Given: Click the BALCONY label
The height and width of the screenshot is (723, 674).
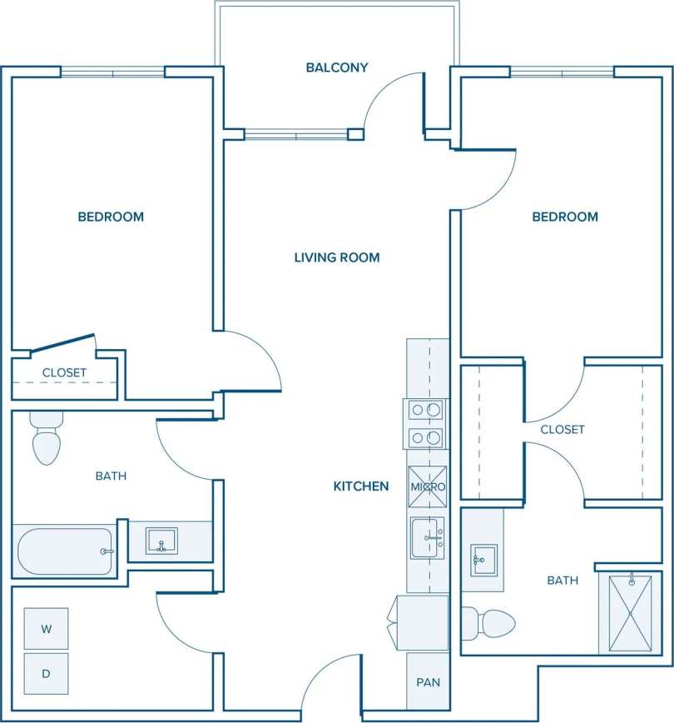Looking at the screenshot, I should pyautogui.click(x=336, y=67).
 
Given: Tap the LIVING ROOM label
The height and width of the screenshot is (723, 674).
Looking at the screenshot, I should pyautogui.click(x=336, y=257).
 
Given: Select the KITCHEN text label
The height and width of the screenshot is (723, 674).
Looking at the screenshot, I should pyautogui.click(x=360, y=486).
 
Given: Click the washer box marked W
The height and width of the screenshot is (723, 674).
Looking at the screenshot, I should pyautogui.click(x=46, y=629).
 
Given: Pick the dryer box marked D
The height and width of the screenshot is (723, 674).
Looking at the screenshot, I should pyautogui.click(x=46, y=674).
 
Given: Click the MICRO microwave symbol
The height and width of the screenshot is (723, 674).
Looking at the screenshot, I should pyautogui.click(x=428, y=486).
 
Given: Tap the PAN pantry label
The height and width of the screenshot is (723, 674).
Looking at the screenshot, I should pyautogui.click(x=428, y=682).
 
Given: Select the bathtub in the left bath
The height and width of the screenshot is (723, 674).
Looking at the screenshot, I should pyautogui.click(x=64, y=551).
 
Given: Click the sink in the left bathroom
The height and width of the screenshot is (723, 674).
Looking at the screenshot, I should pyautogui.click(x=161, y=541).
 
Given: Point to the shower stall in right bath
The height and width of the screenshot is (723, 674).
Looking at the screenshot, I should pyautogui.click(x=630, y=612).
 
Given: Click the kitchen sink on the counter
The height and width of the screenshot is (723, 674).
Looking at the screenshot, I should pyautogui.click(x=428, y=538).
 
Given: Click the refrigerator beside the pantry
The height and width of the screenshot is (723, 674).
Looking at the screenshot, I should pyautogui.click(x=422, y=622).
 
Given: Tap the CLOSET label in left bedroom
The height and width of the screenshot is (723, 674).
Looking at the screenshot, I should pyautogui.click(x=64, y=372).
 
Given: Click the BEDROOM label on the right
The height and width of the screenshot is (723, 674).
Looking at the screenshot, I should pyautogui.click(x=565, y=217).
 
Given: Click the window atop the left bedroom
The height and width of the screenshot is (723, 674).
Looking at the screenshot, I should pyautogui.click(x=112, y=72).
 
